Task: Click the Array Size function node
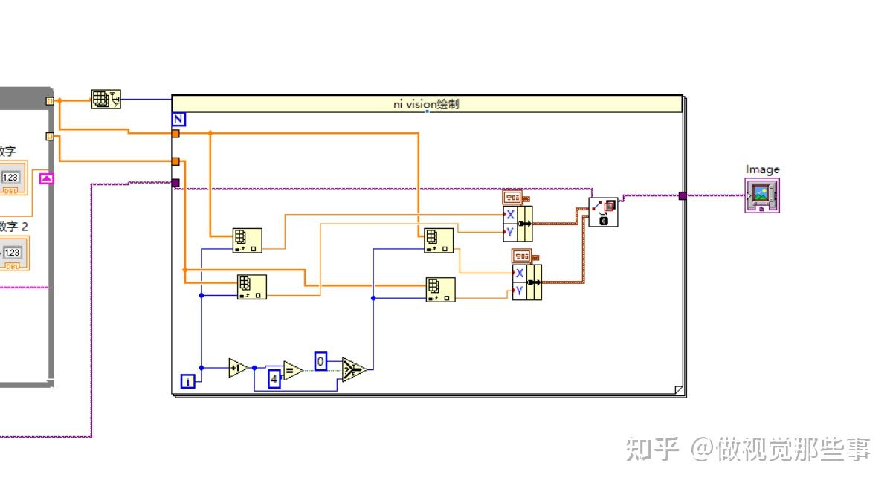tap(106, 100)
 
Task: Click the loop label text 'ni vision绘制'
tap(426, 104)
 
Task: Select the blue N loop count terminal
tap(178, 119)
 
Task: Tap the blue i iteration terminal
tap(188, 381)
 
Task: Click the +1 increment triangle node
tap(238, 367)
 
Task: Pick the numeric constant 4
tap(274, 378)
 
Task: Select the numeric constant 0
tap(320, 361)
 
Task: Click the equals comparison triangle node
tap(292, 370)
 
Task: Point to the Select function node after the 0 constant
tap(354, 369)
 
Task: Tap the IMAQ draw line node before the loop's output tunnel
tap(603, 212)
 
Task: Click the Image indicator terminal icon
tap(762, 195)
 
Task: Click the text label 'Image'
tap(762, 169)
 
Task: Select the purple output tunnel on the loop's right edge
tap(683, 196)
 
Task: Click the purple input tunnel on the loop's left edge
tap(175, 183)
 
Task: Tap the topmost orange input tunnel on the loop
tap(175, 134)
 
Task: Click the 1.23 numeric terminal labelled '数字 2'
tap(12, 253)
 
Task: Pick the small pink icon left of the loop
tap(47, 178)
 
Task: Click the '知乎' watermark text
tap(652, 449)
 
